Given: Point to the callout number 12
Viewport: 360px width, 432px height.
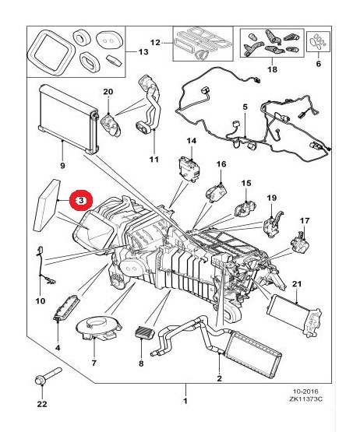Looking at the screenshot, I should coord(155,41).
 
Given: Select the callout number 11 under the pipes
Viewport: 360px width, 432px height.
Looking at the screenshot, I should coord(154,160).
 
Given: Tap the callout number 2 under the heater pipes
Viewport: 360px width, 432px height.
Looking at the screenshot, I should coord(220,379).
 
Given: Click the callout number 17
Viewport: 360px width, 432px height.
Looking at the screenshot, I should coord(305,220).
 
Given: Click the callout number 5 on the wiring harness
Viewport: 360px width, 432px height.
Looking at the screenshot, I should coord(244,107).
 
